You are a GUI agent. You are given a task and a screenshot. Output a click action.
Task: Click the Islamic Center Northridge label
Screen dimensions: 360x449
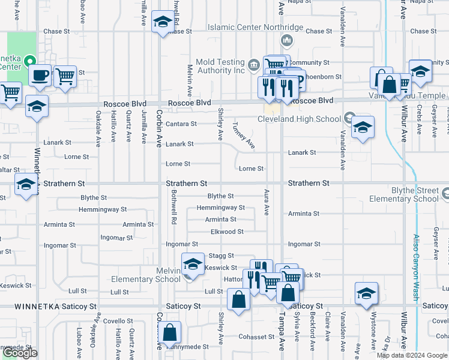coord(255,27)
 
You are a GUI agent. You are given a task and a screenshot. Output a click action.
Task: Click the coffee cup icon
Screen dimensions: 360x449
coord(40,76)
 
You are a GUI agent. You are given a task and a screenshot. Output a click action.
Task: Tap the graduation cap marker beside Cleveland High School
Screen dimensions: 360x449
coord(362,127)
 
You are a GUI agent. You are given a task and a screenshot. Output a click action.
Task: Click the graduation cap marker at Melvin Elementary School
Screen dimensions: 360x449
coord(192,263)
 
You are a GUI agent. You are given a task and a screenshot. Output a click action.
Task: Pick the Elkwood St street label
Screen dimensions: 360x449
coord(227,231)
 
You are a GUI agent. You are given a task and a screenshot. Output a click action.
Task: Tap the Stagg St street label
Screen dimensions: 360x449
coord(221,256)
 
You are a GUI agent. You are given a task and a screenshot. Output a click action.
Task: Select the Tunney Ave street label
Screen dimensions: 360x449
coord(244,136)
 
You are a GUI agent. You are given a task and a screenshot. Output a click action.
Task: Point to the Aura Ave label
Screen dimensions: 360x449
coord(266,202)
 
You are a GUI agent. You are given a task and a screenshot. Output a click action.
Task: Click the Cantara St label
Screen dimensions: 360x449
coord(181,124)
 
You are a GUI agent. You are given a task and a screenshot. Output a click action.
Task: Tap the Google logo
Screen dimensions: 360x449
coord(20,353)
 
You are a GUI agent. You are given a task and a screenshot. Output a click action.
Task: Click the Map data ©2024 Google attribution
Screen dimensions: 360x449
coord(411,355)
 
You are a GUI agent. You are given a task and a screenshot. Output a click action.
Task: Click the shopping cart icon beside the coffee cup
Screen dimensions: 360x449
coord(65,76)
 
